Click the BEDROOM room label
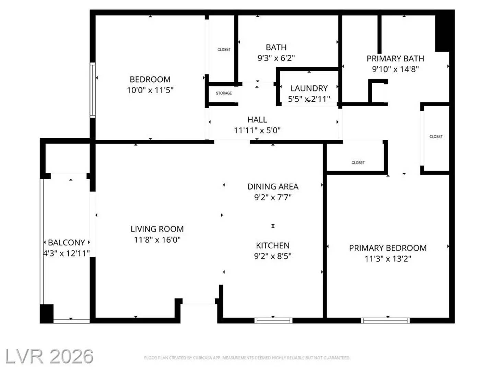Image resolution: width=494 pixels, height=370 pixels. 150,79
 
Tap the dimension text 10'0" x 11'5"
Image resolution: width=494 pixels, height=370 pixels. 150,90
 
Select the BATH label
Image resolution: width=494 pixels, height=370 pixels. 276,47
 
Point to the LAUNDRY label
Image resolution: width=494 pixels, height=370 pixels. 309,88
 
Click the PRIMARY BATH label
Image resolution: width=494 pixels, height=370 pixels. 395,59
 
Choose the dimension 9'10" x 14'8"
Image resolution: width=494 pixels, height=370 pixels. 395,69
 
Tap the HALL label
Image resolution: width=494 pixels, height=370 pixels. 257,120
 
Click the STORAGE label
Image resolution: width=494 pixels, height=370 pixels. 224,93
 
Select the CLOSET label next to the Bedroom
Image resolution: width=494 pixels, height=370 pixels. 224,50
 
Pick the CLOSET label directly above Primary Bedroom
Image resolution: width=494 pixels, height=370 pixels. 358,163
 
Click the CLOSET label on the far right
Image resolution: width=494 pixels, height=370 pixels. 436,137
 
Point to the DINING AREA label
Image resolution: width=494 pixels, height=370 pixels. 273,187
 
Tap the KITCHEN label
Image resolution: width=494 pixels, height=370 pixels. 273,246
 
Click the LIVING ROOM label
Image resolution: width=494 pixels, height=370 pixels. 157,229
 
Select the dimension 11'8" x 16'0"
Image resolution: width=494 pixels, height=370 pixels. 157,240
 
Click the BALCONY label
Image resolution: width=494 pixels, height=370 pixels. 66,243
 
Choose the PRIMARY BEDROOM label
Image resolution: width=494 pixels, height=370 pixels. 388,248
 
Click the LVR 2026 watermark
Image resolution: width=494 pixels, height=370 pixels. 49,357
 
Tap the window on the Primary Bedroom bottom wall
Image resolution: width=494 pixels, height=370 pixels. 385,321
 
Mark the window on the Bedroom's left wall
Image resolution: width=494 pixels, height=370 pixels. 93,90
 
